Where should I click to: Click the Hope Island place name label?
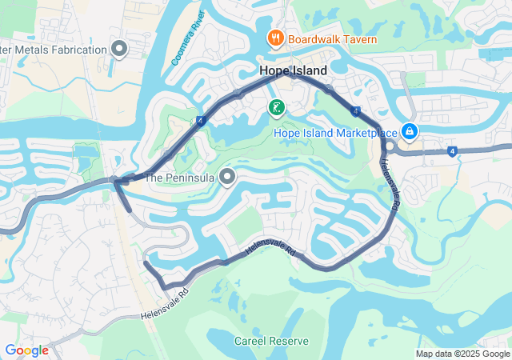293,71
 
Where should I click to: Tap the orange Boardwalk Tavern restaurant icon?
274,38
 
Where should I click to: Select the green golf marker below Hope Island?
275,107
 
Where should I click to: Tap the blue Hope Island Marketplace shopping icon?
409,130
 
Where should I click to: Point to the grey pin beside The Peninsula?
227,177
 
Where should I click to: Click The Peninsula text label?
180,178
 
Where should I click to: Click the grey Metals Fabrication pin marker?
119,50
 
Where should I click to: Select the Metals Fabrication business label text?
54,50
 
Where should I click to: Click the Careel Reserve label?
271,341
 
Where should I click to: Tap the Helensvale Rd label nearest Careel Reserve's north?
270,250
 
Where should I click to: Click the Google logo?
26,350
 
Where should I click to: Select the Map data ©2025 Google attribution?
462,354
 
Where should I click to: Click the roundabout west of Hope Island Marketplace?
387,145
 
